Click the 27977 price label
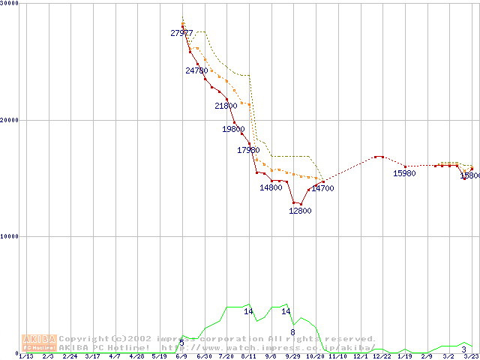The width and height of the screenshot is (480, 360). pyautogui.click(x=181, y=33)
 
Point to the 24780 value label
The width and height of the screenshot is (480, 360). pyautogui.click(x=196, y=70)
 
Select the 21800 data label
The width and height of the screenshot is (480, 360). pyautogui.click(x=226, y=106)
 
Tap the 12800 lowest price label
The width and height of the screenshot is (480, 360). pyautogui.click(x=300, y=211)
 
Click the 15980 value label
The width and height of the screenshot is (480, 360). pyautogui.click(x=404, y=174)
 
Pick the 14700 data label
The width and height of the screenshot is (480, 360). pyautogui.click(x=322, y=188)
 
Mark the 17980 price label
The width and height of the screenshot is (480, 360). pyautogui.click(x=248, y=150)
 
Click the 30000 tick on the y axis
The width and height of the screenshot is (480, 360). pyautogui.click(x=10, y=4)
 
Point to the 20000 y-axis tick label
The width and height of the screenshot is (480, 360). pyautogui.click(x=10, y=120)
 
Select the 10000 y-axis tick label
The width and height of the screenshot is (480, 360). pyautogui.click(x=10, y=236)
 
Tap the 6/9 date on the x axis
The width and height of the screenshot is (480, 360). pyautogui.click(x=181, y=356)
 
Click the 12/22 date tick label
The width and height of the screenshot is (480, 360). pyautogui.click(x=382, y=356)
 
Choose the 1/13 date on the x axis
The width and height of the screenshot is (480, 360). pyautogui.click(x=25, y=356)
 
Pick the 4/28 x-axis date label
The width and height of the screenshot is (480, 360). pyautogui.click(x=136, y=356)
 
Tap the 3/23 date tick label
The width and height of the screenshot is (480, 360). pyautogui.click(x=471, y=356)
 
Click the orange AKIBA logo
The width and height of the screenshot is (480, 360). pyautogui.click(x=39, y=343)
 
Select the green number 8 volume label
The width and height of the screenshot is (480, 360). pyautogui.click(x=292, y=332)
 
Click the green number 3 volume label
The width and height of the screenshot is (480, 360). pyautogui.click(x=464, y=350)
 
